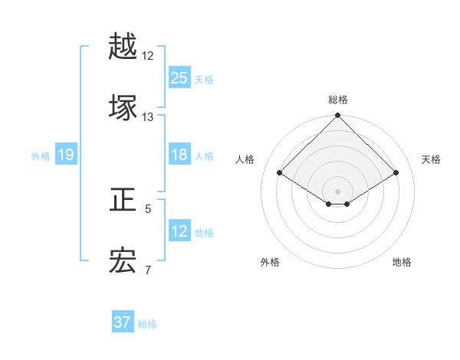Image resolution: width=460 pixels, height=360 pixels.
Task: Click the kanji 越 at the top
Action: pos(123,47)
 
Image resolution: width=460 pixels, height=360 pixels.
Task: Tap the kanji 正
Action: pos(123,201)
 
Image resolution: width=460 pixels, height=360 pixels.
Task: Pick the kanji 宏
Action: pos(123,261)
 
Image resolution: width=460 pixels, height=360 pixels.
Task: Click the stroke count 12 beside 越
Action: pos(147,56)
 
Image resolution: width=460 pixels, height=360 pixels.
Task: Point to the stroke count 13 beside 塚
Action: pos(147,117)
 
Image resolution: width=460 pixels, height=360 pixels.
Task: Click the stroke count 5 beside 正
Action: pos(148,208)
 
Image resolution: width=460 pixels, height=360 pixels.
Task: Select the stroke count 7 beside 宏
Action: pos(148,270)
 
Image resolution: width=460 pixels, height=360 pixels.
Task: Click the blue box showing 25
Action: pos(179,77)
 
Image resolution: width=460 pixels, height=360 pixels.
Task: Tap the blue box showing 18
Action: pos(179,155)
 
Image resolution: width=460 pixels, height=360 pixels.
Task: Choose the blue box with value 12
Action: pos(179,231)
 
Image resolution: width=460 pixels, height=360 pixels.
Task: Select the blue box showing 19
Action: pos(66,155)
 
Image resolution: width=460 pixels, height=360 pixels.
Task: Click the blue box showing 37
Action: pos(123,322)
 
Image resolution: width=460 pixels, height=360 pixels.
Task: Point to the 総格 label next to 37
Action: pos(147,324)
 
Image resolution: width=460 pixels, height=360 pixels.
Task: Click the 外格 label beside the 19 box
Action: pos(41,156)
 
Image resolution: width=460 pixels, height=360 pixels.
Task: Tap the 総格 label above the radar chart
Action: pos(337,100)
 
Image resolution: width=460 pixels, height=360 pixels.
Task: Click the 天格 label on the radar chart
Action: pos(431,159)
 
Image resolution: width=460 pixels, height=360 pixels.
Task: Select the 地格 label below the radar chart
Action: pos(402,262)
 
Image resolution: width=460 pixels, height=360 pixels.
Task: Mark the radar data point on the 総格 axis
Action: pos(337,116)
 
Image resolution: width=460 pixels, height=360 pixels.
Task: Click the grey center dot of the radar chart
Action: pos(337,191)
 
